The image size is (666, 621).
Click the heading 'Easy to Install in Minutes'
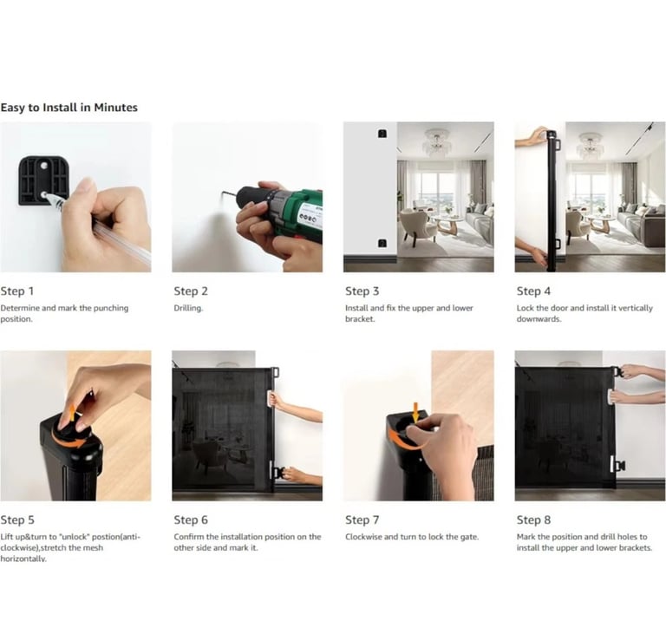pos(69,108)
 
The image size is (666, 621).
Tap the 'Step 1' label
pos(17,291)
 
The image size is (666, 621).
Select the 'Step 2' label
pos(191,291)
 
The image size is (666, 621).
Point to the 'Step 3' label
pos(362,291)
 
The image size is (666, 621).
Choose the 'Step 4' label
pos(533,291)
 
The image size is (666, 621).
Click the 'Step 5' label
pos(17,520)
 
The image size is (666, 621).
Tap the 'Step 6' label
pos(191,520)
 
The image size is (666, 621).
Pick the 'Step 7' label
pos(362,520)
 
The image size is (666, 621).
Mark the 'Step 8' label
pos(533,520)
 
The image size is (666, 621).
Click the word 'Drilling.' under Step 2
pos(188,308)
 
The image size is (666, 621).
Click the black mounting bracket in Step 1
pos(42,180)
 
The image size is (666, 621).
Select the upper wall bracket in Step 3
pos(382,134)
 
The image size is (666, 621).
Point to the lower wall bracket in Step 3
pos(382,244)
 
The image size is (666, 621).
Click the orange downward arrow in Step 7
pos(415,413)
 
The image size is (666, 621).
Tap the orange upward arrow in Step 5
pos(73,413)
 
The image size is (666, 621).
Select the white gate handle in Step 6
pos(271,400)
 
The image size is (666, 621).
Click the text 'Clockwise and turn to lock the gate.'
pos(412,537)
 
